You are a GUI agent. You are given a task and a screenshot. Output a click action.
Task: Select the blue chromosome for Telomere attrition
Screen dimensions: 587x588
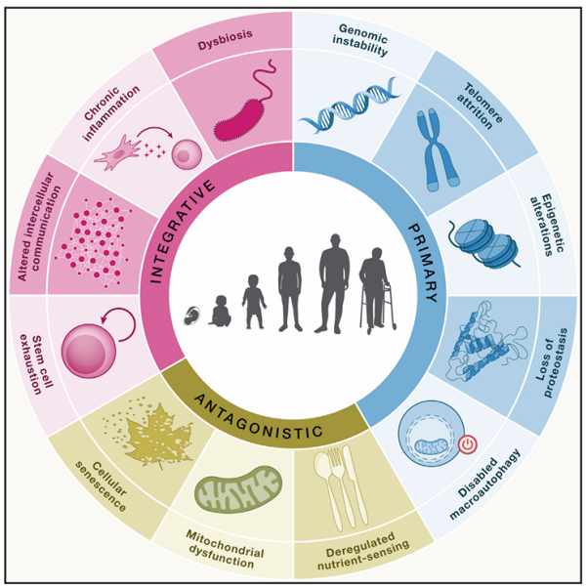pos(437,148)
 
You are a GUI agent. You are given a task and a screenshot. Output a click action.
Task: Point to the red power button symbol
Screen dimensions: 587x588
pos(467,444)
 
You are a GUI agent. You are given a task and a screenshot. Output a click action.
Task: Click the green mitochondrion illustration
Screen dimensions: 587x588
pos(238,489)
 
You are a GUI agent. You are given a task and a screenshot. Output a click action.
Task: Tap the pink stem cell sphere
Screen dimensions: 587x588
pos(89,351)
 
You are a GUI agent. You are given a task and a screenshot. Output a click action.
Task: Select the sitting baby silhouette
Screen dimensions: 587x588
pos(220,311)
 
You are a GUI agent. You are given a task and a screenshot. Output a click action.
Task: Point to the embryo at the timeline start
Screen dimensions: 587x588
pos(192,315)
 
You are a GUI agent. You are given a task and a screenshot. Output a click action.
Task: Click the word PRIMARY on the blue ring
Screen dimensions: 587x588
pos(424,264)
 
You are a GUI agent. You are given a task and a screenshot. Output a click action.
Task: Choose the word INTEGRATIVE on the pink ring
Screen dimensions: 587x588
pos(182,231)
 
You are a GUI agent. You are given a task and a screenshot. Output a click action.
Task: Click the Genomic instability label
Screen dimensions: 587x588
pos(360,39)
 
